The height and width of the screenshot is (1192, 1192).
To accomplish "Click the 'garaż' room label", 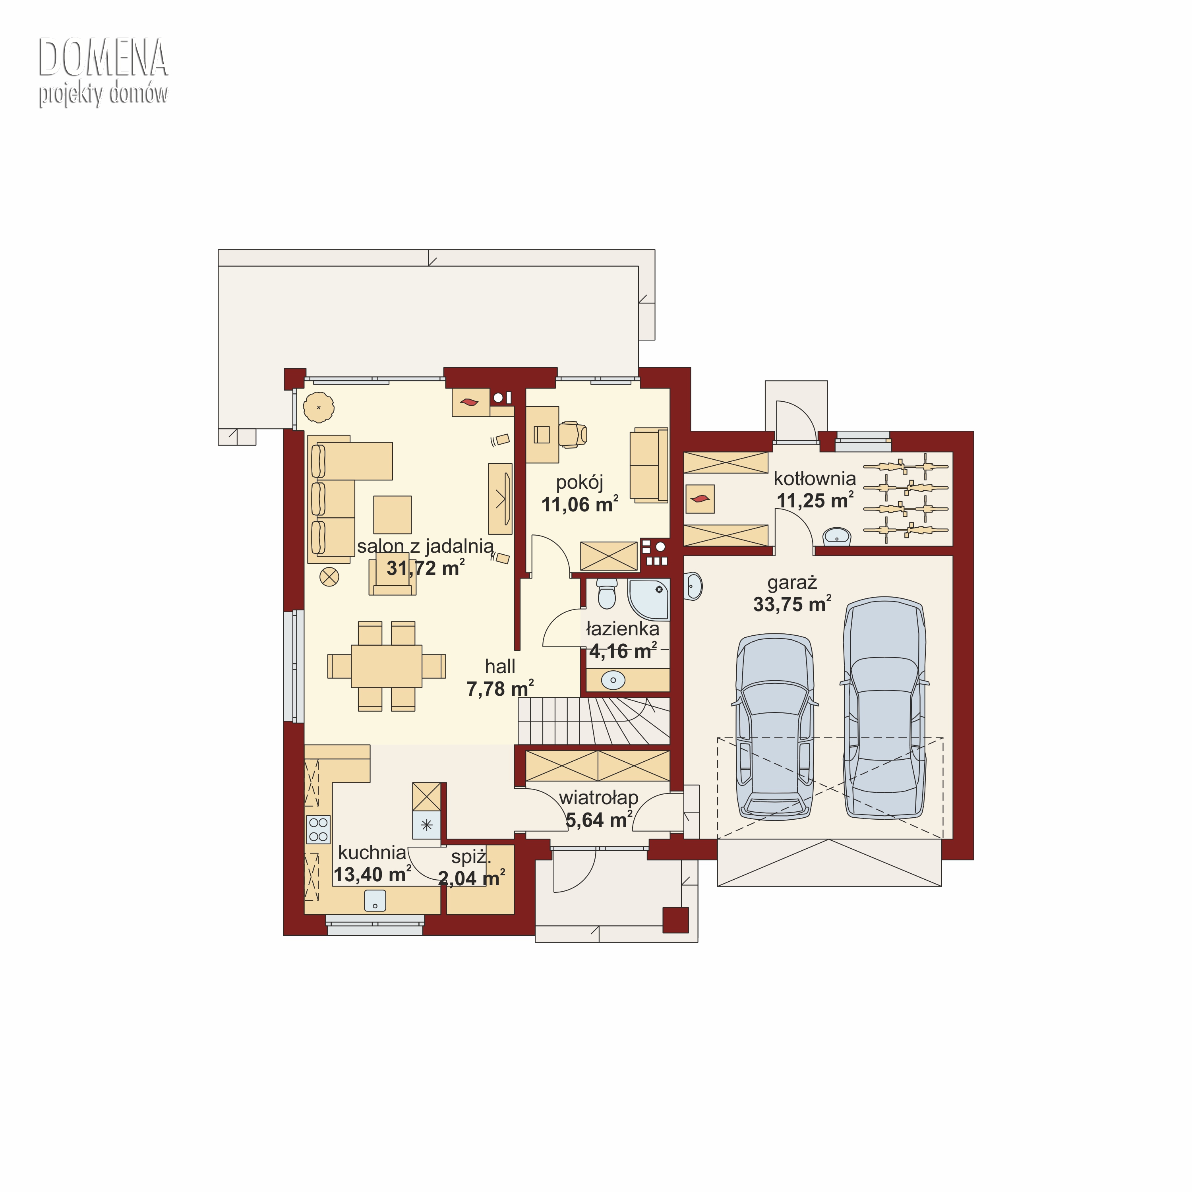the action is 792,582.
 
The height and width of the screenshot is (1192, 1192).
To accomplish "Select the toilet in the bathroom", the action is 607,594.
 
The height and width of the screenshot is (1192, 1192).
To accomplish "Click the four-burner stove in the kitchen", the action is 318,829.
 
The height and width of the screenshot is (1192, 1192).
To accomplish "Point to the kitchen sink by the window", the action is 375,900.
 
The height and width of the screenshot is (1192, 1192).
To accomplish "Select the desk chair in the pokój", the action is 573,434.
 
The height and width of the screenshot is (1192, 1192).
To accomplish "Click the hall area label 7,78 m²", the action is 500,689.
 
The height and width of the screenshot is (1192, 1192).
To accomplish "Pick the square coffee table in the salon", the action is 393,515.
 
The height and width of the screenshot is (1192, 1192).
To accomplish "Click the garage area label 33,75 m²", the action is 792,604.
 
